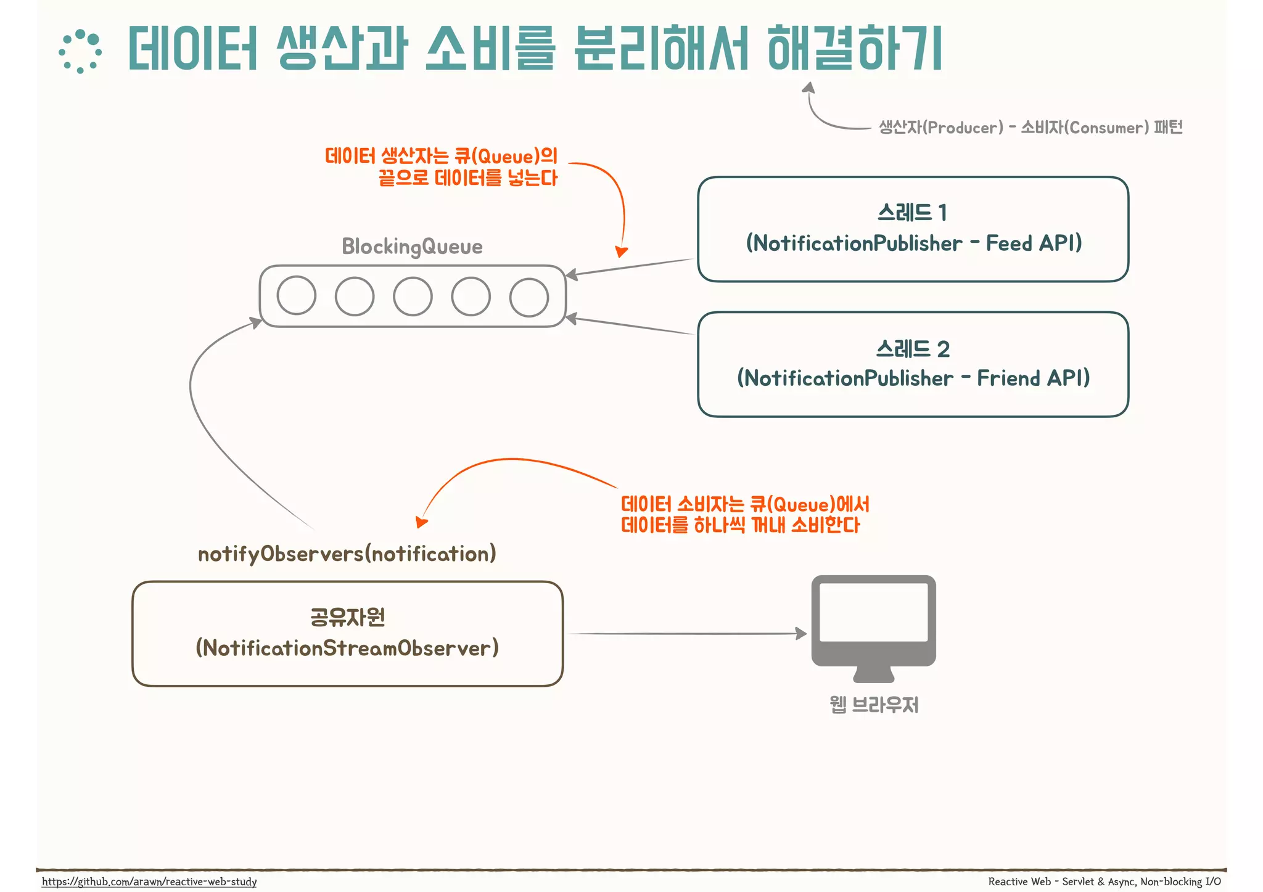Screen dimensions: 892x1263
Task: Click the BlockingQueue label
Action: [x=412, y=247]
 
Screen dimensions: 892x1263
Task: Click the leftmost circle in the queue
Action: [x=297, y=296]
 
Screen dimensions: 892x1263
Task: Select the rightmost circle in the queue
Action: [x=529, y=297]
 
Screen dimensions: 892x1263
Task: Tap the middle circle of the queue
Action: [x=413, y=297]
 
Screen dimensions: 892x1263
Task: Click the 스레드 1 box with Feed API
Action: [x=913, y=229]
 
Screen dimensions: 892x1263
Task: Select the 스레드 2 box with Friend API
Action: [x=913, y=364]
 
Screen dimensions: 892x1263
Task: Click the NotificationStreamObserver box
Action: [x=348, y=634]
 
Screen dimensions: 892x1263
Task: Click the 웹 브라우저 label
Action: [x=874, y=705]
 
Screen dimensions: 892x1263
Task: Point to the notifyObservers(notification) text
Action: [x=347, y=554]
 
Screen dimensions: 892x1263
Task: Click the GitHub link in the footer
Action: [x=149, y=882]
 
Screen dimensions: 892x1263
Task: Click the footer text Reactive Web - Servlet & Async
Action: [x=1104, y=882]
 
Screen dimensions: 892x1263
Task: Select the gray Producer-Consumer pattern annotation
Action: [x=1030, y=128]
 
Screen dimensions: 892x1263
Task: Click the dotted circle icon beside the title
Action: [x=80, y=51]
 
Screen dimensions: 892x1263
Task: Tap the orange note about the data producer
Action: [x=441, y=167]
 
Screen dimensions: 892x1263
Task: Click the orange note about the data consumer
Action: [x=744, y=515]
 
